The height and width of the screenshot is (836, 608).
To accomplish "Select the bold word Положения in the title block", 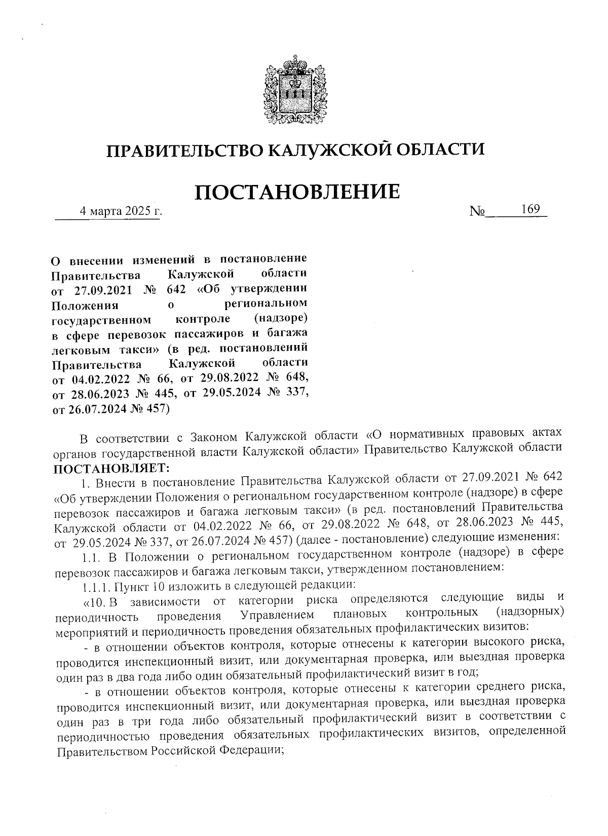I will [x=86, y=305].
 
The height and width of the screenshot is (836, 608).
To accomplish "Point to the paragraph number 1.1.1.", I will [x=95, y=587].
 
